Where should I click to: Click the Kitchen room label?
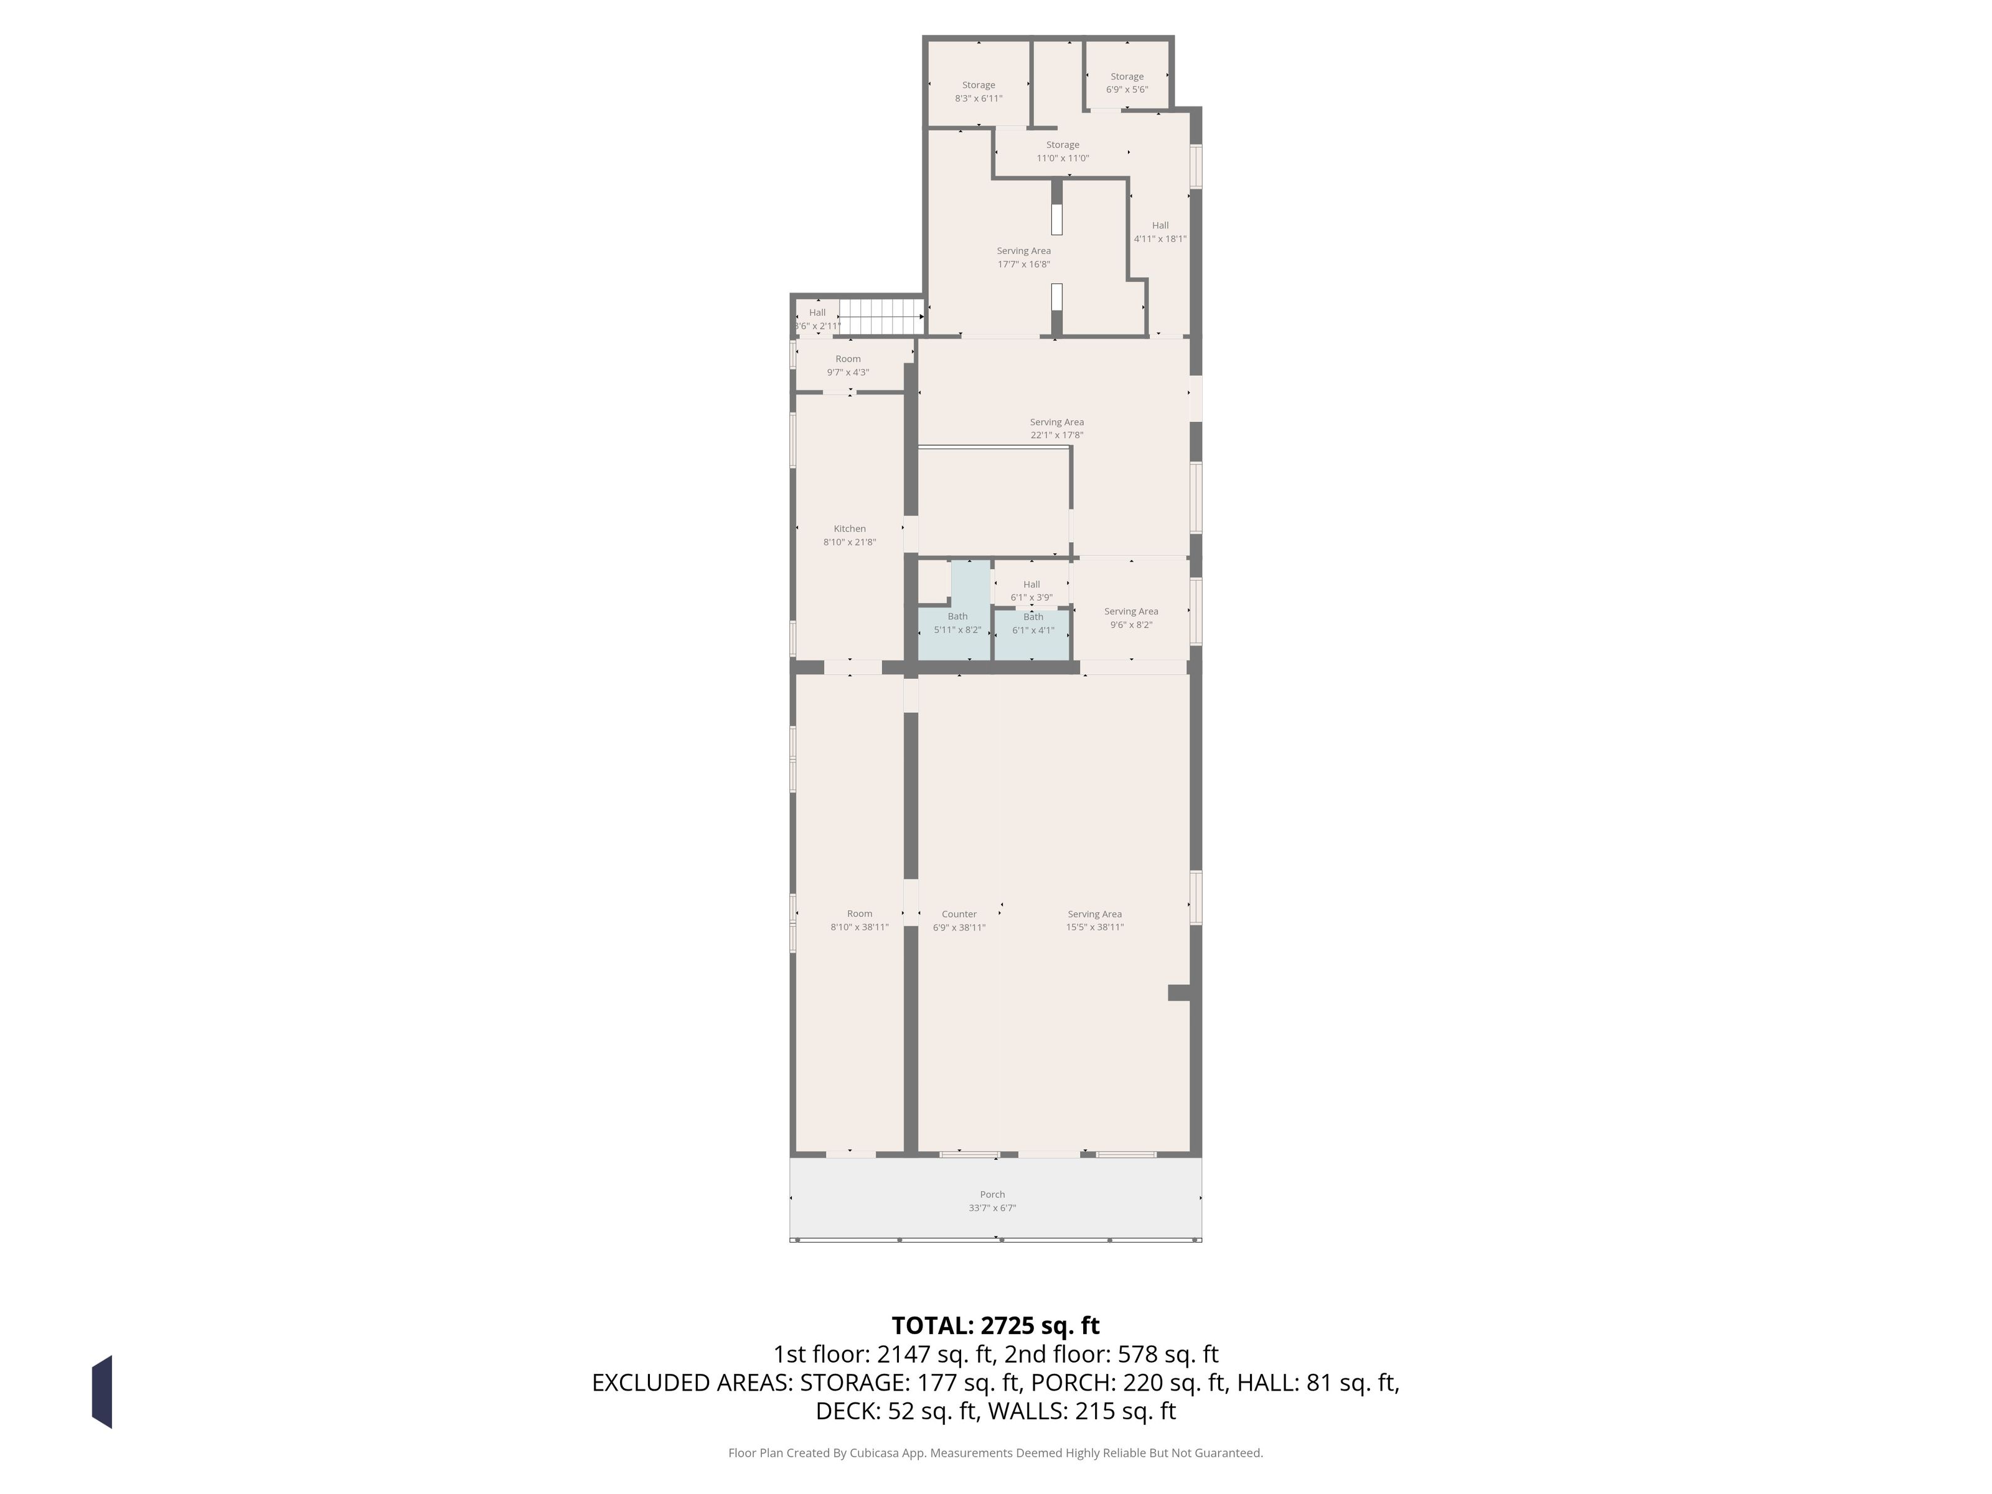[849, 535]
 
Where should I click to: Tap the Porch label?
[992, 1200]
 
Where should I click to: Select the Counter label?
[959, 920]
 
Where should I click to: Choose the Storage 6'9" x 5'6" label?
[1127, 83]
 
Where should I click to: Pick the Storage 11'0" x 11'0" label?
[1063, 151]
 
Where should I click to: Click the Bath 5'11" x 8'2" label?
[957, 623]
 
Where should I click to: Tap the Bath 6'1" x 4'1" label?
[1033, 623]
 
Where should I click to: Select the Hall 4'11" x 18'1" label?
[1160, 232]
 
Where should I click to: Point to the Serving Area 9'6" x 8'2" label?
[1131, 618]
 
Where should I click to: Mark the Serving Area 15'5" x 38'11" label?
[1095, 920]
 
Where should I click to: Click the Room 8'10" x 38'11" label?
[859, 920]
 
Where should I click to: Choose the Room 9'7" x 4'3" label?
[847, 365]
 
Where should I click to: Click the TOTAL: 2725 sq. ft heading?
[995, 1325]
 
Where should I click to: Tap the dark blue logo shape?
[101, 1391]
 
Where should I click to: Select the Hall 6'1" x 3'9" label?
[1031, 591]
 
